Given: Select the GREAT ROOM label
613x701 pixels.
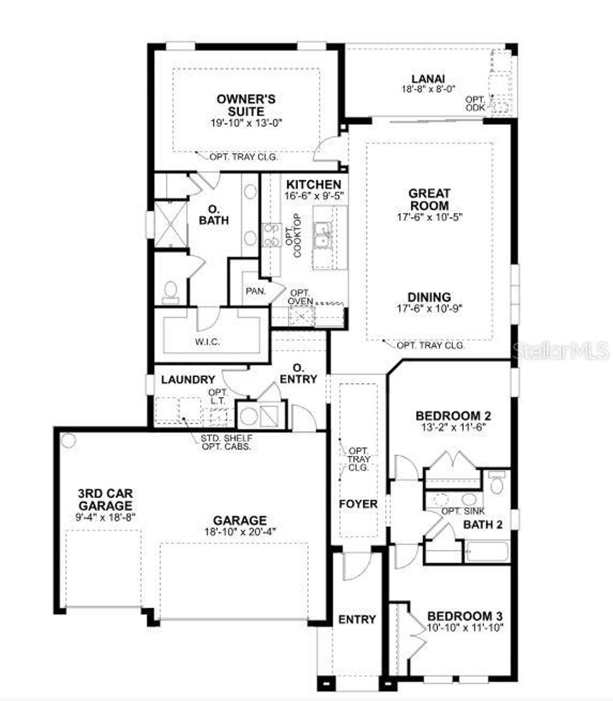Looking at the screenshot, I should coord(429,199).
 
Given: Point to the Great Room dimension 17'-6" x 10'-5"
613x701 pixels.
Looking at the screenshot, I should coord(429,217).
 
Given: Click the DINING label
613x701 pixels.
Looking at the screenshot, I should coord(429,297).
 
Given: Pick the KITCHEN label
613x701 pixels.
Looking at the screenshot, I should coord(313,184).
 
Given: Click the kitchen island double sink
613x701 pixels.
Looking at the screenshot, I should coord(323,234).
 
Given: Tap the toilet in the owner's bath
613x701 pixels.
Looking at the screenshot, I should coord(170,292).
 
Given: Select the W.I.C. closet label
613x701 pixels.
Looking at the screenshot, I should coord(207,342).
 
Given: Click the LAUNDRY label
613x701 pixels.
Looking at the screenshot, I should coord(188,379).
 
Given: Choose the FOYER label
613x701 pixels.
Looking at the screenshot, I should coord(358,504).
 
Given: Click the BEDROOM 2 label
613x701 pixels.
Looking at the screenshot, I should coord(448,415).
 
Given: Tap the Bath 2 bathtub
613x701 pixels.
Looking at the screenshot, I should coord(488,551).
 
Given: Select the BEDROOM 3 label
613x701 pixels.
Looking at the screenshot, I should coord(465,616).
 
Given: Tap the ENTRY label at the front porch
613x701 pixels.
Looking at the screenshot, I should coord(357,619).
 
